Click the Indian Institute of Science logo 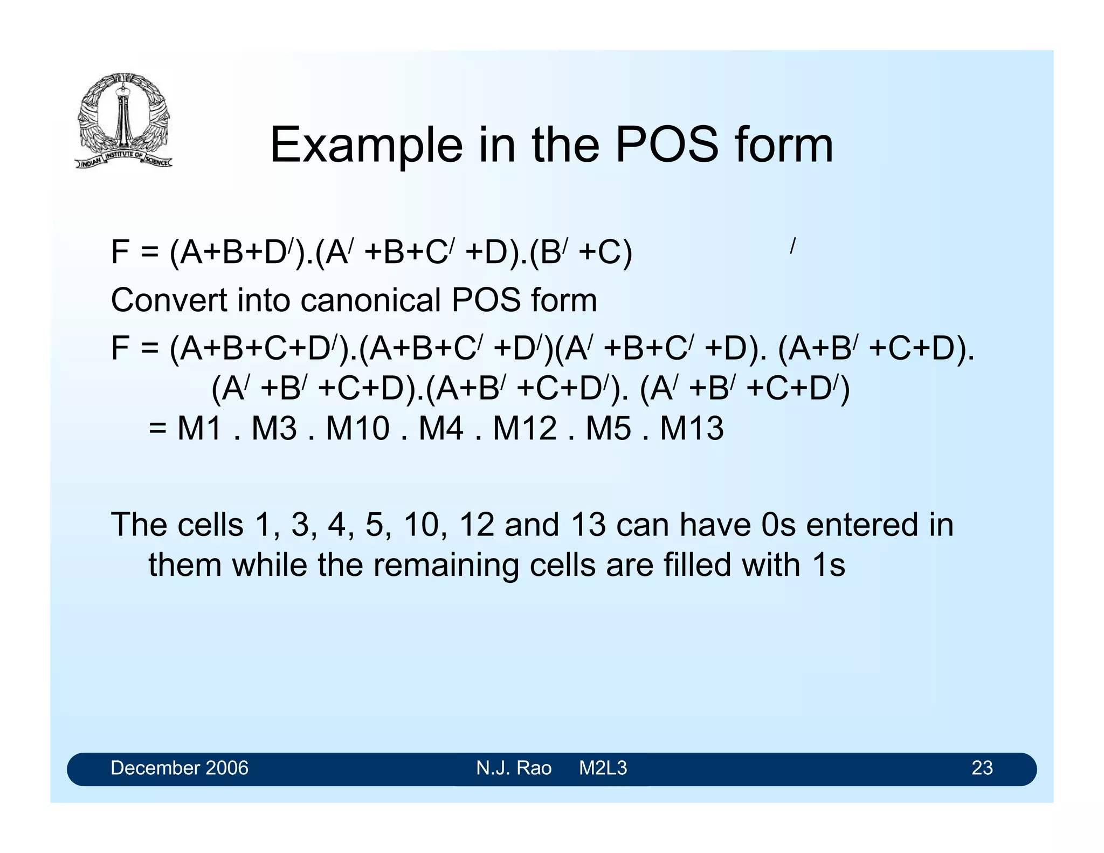click(x=123, y=120)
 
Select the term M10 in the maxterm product click(x=357, y=429)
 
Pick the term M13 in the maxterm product click(x=692, y=429)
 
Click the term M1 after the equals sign click(x=199, y=429)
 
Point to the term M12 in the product click(x=525, y=429)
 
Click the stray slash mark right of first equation click(x=792, y=246)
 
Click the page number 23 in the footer click(x=982, y=768)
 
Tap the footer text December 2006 click(x=180, y=768)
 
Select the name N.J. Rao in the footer click(x=514, y=768)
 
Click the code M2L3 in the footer click(x=603, y=768)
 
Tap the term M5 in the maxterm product click(x=608, y=429)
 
